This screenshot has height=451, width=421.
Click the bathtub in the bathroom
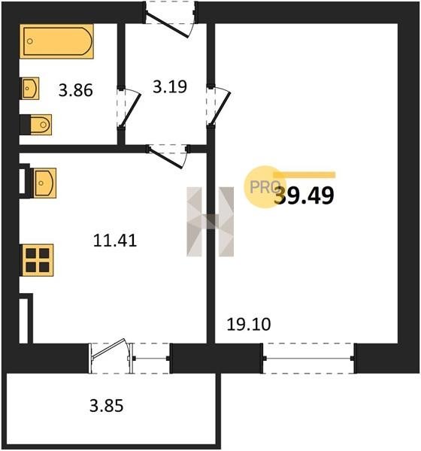56,41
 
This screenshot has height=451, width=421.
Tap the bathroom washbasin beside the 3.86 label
30,88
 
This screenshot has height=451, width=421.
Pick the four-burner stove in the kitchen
38,260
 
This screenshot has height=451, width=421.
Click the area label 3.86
76,90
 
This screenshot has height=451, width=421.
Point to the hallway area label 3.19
170,86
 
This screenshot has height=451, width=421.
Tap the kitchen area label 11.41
115,241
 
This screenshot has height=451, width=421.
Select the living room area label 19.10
249,324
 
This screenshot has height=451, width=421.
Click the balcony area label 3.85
107,406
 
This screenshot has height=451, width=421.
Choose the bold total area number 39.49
304,195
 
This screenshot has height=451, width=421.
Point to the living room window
308,358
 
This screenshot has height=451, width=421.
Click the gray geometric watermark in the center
210,222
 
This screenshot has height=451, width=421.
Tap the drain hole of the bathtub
30,41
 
